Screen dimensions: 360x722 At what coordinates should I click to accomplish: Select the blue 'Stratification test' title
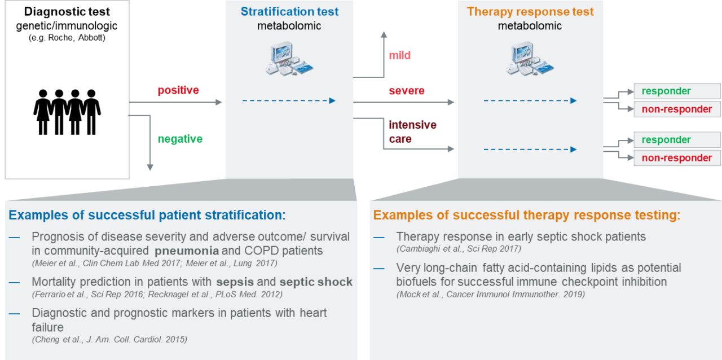(x=289, y=12)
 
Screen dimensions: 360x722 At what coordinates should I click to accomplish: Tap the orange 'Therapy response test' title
(x=530, y=12)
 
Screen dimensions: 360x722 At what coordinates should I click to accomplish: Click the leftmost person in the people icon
(x=42, y=110)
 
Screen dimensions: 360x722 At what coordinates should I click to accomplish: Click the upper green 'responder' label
(x=666, y=91)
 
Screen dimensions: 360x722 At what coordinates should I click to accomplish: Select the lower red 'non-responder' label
(x=677, y=158)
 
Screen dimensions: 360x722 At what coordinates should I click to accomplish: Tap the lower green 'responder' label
(x=666, y=140)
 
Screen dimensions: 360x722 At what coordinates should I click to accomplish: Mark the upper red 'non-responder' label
(x=677, y=109)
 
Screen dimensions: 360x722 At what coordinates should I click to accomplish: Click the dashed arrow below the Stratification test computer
(x=289, y=100)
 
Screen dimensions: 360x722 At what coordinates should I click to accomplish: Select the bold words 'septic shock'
(x=316, y=282)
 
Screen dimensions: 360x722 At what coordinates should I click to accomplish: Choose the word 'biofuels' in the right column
(x=419, y=282)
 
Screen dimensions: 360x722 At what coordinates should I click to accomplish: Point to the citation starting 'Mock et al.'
(x=491, y=294)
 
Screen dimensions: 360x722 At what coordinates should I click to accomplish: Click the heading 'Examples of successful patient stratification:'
(x=147, y=215)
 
